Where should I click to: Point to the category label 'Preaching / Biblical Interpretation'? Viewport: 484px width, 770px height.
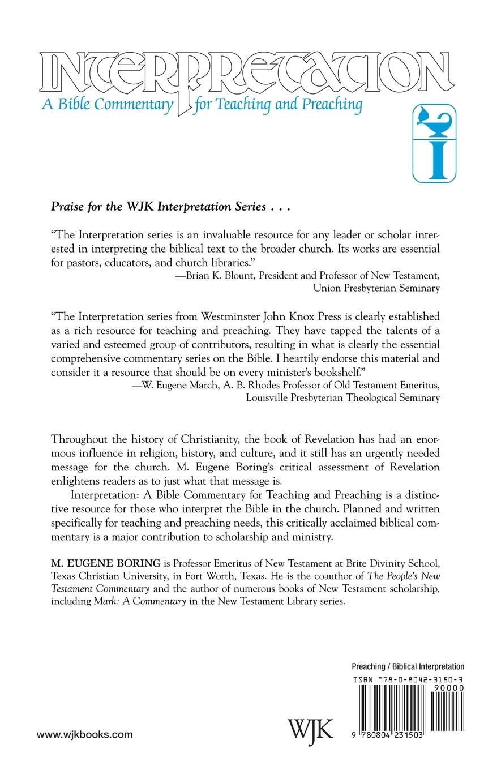point(408,667)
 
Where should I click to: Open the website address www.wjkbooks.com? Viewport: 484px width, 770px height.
point(84,734)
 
